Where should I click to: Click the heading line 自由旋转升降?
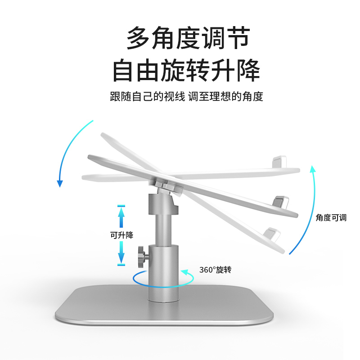[x=186, y=71]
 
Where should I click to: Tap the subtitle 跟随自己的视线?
[x=148, y=96]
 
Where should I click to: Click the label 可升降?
[x=121, y=235]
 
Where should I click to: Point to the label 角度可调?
[x=331, y=218]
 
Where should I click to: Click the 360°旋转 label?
[x=215, y=270]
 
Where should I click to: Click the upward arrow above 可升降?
[x=121, y=216]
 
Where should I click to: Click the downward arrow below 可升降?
[x=121, y=254]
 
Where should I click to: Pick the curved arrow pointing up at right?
[x=306, y=207]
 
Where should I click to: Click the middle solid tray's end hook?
[x=281, y=200]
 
